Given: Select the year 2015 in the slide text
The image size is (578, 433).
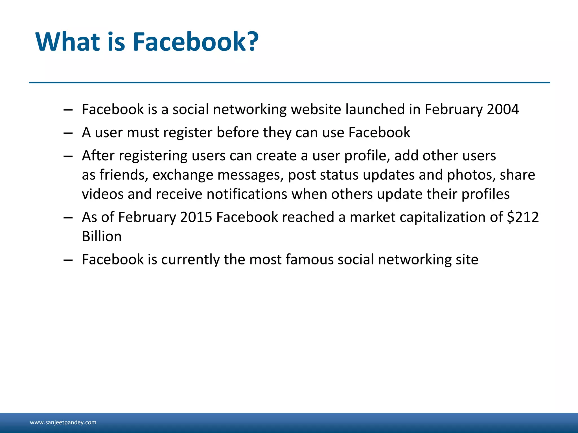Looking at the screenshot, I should pyautogui.click(x=196, y=217).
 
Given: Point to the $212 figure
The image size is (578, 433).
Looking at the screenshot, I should pyautogui.click(x=523, y=217).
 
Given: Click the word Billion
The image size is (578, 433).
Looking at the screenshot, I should pyautogui.click(x=102, y=236).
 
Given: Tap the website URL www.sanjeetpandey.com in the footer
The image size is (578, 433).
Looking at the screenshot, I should pyautogui.click(x=63, y=422).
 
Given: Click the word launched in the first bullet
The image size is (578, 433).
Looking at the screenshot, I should pyautogui.click(x=375, y=109).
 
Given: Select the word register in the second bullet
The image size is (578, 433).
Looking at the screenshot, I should pyautogui.click(x=189, y=132).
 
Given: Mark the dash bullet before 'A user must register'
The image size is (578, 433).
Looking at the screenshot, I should pyautogui.click(x=68, y=133).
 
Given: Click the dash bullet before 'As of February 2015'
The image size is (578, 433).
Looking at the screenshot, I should pyautogui.click(x=68, y=217).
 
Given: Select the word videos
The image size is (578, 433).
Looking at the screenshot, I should pyautogui.click(x=102, y=194).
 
